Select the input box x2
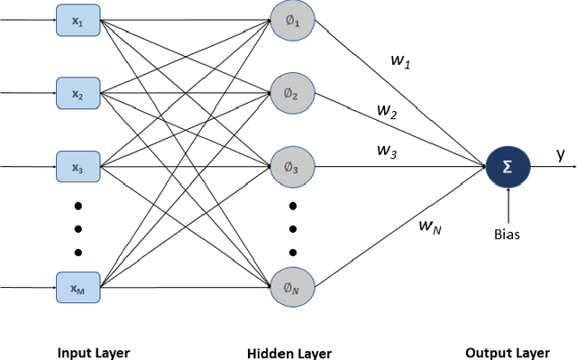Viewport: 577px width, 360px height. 78,92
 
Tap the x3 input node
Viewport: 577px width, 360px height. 78,167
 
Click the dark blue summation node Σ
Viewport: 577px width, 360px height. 508,167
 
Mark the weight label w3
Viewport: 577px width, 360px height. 387,152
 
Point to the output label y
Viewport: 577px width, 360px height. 560,154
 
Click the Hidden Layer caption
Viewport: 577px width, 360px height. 289,353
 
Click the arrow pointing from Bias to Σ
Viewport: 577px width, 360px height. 508,203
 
